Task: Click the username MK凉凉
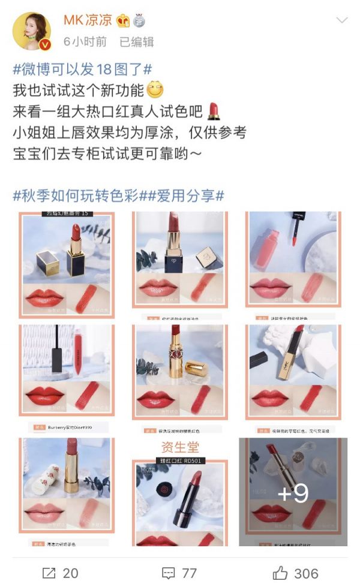(88, 20)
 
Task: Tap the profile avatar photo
(31, 31)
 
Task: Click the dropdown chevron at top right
(341, 21)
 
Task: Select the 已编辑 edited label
(136, 42)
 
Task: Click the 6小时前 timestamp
(85, 42)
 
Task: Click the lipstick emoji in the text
(214, 111)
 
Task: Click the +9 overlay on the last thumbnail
(293, 492)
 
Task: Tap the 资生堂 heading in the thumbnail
(180, 447)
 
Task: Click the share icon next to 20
(49, 573)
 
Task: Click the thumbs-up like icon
(280, 573)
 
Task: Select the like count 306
(306, 573)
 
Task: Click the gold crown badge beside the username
(123, 21)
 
